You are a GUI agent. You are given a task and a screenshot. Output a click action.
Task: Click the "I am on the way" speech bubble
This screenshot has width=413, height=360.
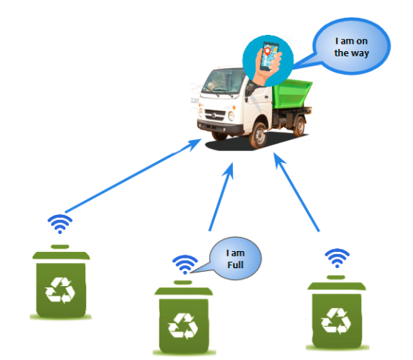coord(351,47)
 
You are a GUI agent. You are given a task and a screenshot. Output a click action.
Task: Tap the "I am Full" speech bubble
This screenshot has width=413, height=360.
coord(235,259)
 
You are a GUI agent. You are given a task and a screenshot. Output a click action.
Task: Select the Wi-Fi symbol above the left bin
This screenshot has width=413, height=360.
coord(60,224)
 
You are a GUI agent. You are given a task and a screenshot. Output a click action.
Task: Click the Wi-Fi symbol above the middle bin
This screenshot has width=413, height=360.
coord(185,264)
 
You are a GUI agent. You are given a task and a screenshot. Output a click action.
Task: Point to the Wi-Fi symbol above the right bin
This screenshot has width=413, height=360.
coord(337,258)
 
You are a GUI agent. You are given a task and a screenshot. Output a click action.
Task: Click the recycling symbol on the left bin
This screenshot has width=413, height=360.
coord(60,290)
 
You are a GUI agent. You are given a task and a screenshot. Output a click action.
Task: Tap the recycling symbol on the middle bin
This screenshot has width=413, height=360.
coord(183,326)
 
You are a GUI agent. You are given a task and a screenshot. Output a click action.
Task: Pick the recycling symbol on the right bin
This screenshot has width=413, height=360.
coord(336,321)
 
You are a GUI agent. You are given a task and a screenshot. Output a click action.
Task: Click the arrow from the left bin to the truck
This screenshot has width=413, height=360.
coord(133,176)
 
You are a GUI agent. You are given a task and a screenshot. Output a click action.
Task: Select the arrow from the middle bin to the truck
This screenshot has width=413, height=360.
coord(221,197)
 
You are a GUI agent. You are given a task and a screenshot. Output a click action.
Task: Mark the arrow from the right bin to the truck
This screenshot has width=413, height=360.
coord(297,192)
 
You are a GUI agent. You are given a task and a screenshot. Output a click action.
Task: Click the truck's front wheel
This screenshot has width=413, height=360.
coord(258,135)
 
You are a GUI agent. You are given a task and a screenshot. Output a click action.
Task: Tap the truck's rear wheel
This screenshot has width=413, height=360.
coord(300,127)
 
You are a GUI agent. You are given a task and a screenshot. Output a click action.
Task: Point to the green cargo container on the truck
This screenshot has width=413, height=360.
coord(292,94)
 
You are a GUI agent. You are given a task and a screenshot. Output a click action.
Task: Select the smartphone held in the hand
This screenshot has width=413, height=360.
coord(269,56)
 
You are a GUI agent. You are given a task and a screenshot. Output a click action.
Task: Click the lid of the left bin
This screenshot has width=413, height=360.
coord(61,253)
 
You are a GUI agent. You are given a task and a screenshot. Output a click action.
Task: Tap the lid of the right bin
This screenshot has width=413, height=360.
coord(337,283)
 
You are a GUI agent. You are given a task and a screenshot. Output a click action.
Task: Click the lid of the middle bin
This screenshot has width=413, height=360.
coord(184,288)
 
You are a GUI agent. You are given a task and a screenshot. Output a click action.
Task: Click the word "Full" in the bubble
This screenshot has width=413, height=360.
coord(235,264)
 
